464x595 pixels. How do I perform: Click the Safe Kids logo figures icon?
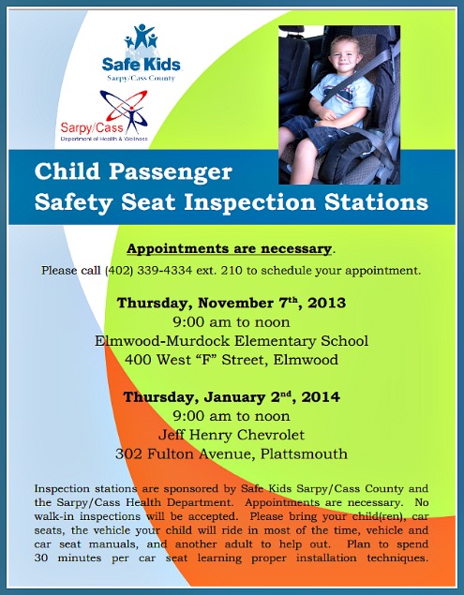(141, 39)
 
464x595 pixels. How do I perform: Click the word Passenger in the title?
(177, 172)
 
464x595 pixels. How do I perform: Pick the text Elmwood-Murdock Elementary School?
(232, 340)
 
